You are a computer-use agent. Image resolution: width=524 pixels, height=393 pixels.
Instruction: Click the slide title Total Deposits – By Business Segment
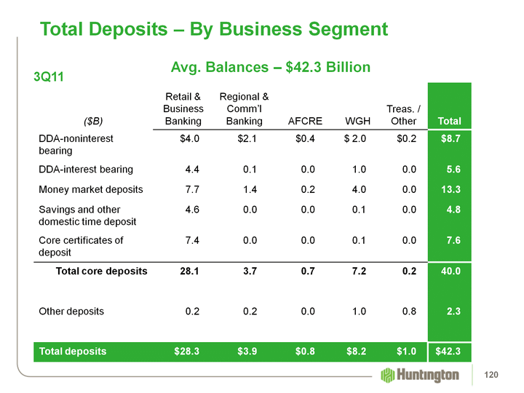tap(213, 29)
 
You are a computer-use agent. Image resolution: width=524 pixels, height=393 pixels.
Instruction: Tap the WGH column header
tap(360, 121)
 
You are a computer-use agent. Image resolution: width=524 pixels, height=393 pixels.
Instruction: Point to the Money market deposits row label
tap(90, 189)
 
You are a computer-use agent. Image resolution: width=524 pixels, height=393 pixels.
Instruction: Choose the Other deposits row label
tap(71, 311)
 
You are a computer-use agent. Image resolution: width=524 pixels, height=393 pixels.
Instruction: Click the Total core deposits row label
tap(102, 271)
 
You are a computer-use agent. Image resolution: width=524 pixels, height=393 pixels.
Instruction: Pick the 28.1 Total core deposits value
tap(189, 271)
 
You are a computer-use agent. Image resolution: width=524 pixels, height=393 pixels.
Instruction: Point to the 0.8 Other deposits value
tap(409, 311)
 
